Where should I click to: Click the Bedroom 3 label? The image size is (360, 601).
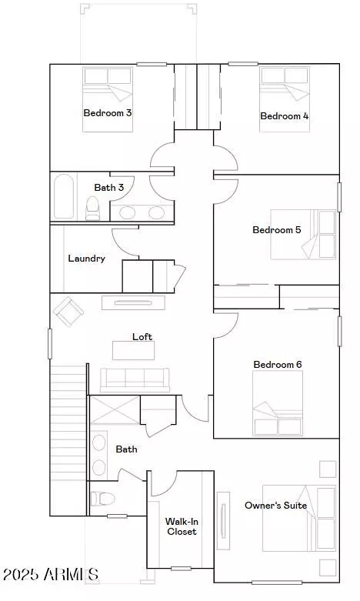point(108,112)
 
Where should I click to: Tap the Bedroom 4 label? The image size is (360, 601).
point(285,116)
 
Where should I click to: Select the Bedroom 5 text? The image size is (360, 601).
point(277,230)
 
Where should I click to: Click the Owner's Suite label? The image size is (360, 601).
point(275,506)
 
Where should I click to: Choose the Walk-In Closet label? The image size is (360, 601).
point(182,526)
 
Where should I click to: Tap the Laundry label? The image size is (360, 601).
point(86,259)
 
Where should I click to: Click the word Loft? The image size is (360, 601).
point(142,337)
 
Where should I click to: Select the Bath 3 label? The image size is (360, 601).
point(109,187)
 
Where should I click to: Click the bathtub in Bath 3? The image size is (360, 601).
point(65,198)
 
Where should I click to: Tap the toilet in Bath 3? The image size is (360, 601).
point(93,208)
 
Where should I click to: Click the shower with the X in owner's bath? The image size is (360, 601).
point(115,410)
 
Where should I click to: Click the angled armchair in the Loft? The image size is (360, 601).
point(69,312)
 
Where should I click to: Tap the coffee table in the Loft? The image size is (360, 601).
point(133,351)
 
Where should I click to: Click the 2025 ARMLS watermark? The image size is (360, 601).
point(50,574)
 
